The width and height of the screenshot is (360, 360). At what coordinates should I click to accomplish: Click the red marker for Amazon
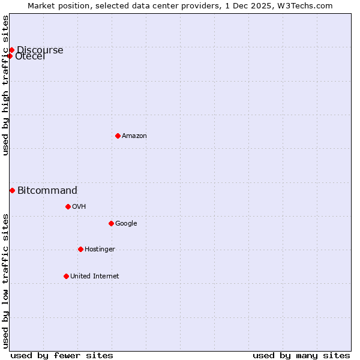tap(118, 136)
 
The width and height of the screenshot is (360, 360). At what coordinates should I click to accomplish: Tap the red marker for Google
tap(111, 223)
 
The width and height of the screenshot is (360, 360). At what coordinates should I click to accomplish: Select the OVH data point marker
tap(68, 206)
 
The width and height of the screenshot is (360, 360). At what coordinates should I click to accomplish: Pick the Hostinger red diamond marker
tap(80, 249)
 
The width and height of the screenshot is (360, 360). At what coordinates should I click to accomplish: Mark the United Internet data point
tap(66, 276)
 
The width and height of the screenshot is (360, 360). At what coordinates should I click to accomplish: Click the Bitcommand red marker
tap(12, 190)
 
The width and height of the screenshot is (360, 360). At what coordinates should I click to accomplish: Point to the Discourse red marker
tap(11, 50)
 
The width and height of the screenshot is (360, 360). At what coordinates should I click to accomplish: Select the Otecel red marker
tap(10, 56)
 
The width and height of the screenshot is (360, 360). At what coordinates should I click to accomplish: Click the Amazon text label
tap(134, 136)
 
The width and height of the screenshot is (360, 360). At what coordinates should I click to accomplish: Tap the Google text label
tap(126, 223)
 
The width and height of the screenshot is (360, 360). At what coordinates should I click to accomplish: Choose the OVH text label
tap(79, 206)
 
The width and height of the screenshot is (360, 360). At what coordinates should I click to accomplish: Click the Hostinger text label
tap(100, 249)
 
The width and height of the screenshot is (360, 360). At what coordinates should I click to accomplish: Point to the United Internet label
tap(95, 276)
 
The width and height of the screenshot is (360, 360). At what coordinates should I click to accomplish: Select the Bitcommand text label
tap(47, 191)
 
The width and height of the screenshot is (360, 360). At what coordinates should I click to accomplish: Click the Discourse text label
tap(40, 50)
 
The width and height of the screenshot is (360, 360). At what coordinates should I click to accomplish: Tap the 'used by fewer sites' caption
tap(62, 355)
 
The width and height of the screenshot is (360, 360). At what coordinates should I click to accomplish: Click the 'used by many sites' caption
tap(301, 355)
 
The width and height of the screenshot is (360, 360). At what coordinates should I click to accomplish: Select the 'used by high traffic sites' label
tap(6, 85)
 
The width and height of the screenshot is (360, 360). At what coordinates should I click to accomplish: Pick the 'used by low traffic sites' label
tap(6, 281)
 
